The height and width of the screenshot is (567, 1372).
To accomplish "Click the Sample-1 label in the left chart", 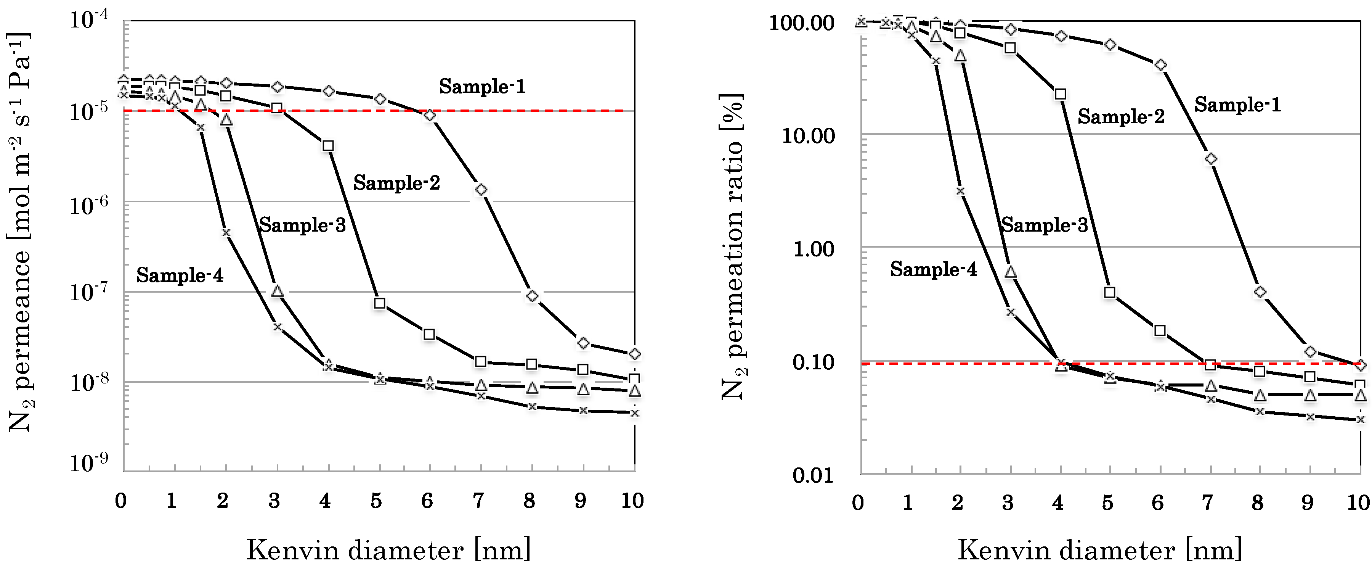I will tap(482, 86).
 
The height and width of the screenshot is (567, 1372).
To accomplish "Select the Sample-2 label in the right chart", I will tap(1121, 116).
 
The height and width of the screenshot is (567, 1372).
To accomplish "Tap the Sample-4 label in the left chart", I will tap(180, 275).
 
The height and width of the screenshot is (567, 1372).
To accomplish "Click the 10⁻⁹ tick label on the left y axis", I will tap(88, 462).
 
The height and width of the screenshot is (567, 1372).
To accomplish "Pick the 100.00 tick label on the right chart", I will tap(802, 23).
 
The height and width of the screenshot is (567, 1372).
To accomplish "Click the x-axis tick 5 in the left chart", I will tap(376, 501).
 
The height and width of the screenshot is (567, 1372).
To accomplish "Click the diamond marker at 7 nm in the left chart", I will tap(481, 190).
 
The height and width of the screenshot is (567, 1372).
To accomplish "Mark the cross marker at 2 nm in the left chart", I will tap(226, 232).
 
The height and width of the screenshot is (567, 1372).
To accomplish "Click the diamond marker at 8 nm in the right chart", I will tap(1260, 292).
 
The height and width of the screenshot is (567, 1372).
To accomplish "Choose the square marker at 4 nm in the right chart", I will tap(1061, 94).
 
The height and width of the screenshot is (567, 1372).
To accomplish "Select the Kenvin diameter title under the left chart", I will tap(388, 550).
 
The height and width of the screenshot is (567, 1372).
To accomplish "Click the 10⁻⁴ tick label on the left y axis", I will tap(88, 20).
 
